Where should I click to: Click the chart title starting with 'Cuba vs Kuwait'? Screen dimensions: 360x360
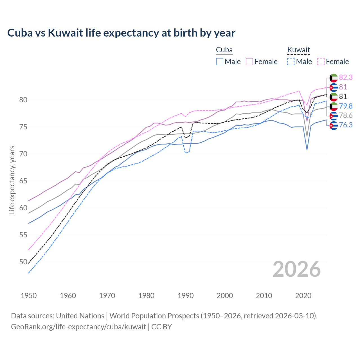(121, 33)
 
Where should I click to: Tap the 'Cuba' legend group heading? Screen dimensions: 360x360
(224, 50)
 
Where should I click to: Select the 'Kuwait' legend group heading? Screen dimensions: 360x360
(298, 50)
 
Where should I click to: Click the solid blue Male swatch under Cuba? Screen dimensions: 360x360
(220, 62)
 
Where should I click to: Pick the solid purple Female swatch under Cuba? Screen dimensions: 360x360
(249, 62)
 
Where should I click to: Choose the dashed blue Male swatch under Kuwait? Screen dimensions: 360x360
(291, 62)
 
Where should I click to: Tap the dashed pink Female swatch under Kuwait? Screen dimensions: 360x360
(321, 62)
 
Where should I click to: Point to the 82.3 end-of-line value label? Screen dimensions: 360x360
(346, 78)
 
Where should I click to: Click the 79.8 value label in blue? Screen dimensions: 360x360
(346, 106)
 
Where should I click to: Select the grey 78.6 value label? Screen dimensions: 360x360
(346, 116)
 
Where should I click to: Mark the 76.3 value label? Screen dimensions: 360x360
(346, 125)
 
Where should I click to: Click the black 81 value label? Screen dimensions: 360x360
(343, 97)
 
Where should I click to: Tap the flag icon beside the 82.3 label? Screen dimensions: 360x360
(334, 78)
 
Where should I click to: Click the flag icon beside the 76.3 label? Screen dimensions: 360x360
(334, 125)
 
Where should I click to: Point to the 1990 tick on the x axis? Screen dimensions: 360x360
(186, 296)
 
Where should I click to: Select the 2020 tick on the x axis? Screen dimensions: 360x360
(303, 296)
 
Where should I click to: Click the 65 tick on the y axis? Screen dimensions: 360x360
(23, 181)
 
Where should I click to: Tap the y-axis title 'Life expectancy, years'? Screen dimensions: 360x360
(12, 180)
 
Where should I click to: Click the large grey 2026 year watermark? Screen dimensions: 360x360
(296, 269)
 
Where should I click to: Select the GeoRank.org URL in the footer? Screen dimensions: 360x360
(78, 327)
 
